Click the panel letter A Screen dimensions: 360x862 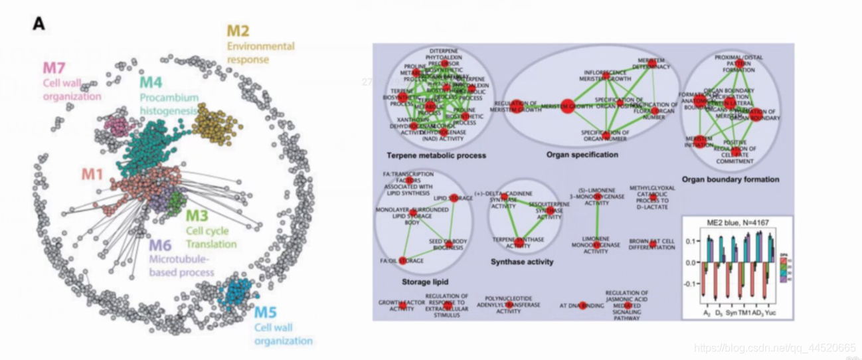pyautogui.click(x=39, y=24)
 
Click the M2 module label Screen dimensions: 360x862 pyautogui.click(x=238, y=31)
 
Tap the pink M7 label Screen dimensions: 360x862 pyautogui.click(x=55, y=68)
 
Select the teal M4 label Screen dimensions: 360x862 pyautogui.click(x=151, y=83)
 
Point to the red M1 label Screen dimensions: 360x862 pyautogui.click(x=92, y=174)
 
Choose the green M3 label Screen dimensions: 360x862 pyautogui.click(x=197, y=216)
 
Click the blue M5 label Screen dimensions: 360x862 pyautogui.click(x=266, y=312)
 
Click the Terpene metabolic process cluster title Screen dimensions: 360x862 pyautogui.click(x=436, y=155)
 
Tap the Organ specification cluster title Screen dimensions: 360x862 pyautogui.click(x=582, y=155)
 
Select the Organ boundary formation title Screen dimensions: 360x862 pyautogui.click(x=730, y=179)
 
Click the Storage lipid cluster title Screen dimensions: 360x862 pyautogui.click(x=421, y=282)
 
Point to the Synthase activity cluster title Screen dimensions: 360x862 pyautogui.click(x=522, y=262)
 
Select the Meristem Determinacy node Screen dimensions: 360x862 pyautogui.click(x=653, y=64)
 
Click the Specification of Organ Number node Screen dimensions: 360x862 pyautogui.click(x=607, y=134)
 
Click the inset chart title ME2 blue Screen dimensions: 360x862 pyautogui.click(x=737, y=223)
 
